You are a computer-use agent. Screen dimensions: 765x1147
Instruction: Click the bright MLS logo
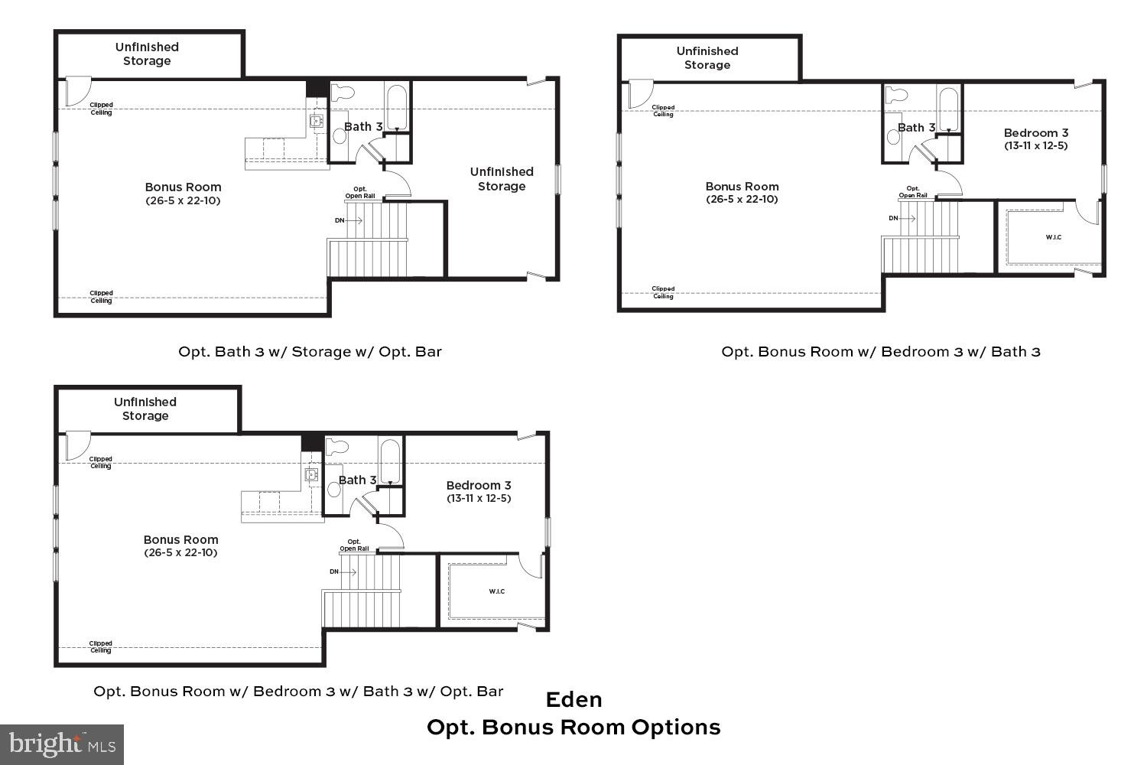pos(61,744)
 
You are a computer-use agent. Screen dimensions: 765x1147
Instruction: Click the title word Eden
pos(573,699)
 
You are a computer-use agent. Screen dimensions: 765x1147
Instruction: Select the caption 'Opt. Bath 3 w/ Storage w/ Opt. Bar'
pos(310,352)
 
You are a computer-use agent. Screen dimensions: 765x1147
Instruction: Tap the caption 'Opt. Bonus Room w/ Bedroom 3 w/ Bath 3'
pos(881,352)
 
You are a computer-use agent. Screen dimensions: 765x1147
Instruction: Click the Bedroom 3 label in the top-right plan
pos(1035,133)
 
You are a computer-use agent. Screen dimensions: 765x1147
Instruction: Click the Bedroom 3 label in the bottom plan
pos(479,486)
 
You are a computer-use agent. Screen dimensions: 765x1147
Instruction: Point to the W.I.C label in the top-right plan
pos(1053,237)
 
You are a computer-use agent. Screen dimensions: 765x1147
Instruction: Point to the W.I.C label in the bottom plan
pos(496,591)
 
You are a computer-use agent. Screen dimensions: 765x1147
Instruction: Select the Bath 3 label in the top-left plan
pos(362,126)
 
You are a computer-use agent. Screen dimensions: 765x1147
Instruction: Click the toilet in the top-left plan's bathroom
pos(345,93)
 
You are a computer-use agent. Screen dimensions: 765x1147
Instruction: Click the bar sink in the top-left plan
pos(317,121)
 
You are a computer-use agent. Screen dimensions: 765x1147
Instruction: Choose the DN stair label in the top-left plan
pos(340,220)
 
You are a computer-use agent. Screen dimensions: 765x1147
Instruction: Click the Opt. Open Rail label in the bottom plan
pos(354,545)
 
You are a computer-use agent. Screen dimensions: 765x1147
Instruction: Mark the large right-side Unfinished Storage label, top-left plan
pos(502,179)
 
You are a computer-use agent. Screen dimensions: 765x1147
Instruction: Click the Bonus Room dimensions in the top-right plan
pos(742,200)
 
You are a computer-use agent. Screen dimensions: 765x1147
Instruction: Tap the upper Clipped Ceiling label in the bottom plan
pos(101,462)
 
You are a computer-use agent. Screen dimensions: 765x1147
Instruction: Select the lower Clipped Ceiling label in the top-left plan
pos(101,297)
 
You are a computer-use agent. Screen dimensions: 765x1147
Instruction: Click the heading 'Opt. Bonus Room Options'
pos(573,727)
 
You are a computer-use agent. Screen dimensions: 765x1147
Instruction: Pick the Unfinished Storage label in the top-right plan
pos(707,58)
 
